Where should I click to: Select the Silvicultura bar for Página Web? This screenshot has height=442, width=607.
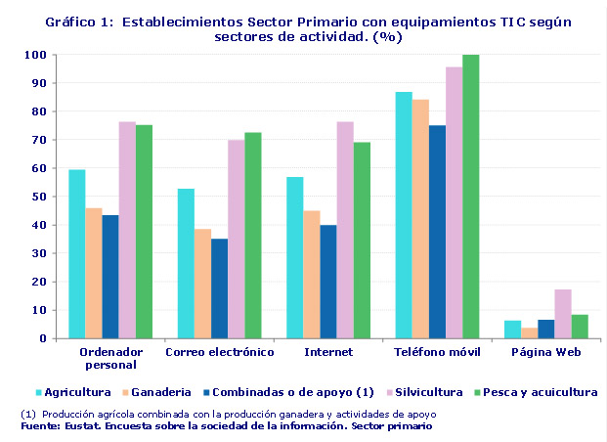pos(562,314)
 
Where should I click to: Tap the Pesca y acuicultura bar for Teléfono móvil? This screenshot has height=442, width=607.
pos(470,197)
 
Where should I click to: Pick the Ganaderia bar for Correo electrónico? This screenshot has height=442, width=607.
pos(201,284)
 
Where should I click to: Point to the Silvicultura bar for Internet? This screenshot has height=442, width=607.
pos(344,230)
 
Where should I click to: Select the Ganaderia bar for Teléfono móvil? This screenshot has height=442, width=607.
pos(419,219)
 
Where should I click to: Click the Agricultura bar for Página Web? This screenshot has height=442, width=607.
pos(512,330)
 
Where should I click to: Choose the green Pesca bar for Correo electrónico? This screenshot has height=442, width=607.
pos(252,236)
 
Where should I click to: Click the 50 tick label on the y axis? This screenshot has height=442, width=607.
pos(39,198)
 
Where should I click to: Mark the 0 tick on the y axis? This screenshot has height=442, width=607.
pos(43,339)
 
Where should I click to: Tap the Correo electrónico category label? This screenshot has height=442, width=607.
pos(219,351)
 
